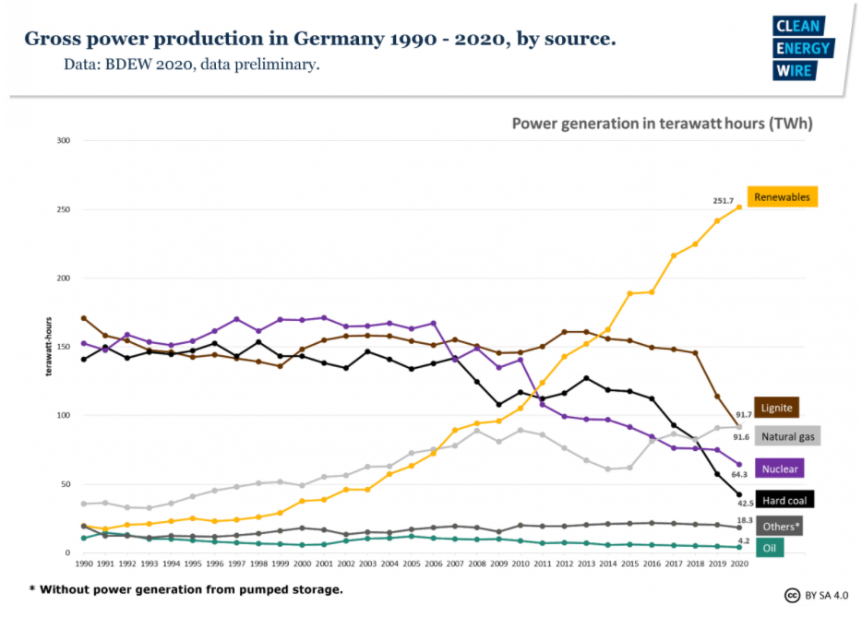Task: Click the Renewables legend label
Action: click(782, 196)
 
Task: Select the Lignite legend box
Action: click(776, 407)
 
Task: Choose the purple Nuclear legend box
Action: click(781, 469)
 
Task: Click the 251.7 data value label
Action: click(724, 200)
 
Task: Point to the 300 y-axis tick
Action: click(64, 140)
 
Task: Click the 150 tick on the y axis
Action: click(64, 347)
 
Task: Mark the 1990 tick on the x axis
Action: click(83, 562)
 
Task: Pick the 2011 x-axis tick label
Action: click(542, 562)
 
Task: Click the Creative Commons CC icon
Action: click(791, 594)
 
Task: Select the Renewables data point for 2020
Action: click(738, 207)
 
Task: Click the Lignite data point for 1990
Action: click(84, 318)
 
